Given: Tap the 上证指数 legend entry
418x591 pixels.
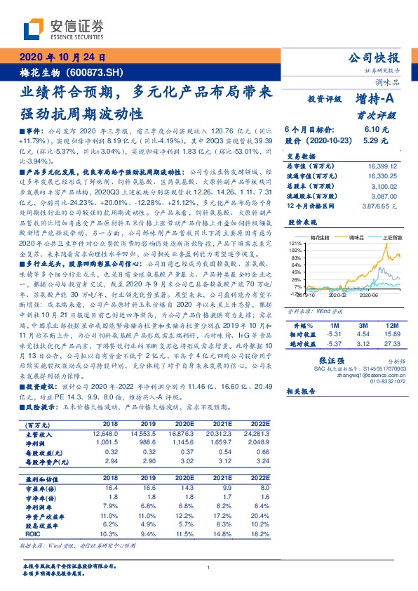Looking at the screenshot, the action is [389, 239].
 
